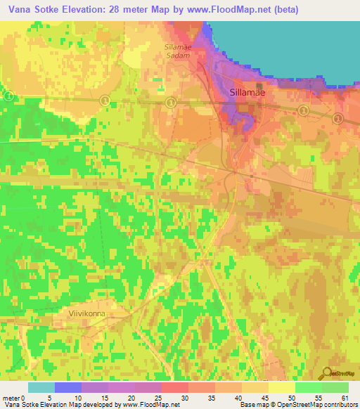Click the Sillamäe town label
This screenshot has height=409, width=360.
pyautogui.click(x=247, y=93)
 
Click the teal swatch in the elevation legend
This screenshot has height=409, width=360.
pyautogui.click(x=41, y=387)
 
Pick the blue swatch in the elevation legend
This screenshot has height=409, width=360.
pyautogui.click(x=68, y=387)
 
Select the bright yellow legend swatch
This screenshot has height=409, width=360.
pyautogui.click(x=282, y=387)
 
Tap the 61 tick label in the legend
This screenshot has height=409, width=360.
pyautogui.click(x=344, y=398)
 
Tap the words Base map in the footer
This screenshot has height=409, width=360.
pyautogui.click(x=250, y=405)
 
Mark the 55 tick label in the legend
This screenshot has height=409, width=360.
pyautogui.click(x=319, y=398)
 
